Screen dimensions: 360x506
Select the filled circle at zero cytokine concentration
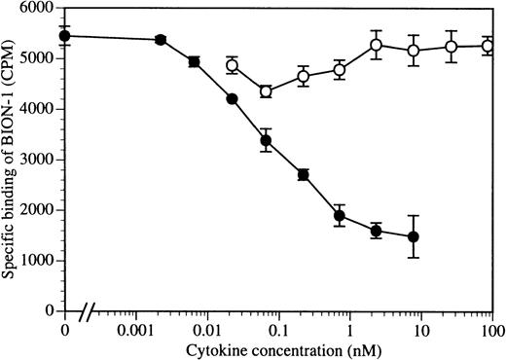point(65,36)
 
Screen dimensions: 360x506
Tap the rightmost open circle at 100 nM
point(489,46)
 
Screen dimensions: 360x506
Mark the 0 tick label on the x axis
point(65,329)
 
